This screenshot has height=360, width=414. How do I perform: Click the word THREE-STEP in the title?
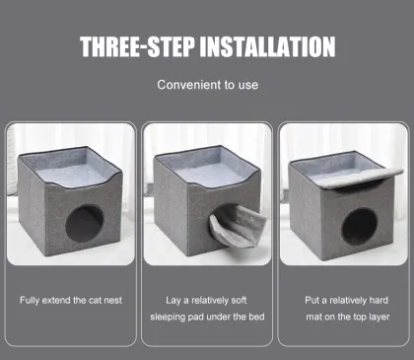[x=135, y=46]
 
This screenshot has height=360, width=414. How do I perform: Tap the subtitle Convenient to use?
[x=207, y=85]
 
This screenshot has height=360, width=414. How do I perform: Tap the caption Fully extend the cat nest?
[x=71, y=299]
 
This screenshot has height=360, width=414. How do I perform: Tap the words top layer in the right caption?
[x=367, y=317]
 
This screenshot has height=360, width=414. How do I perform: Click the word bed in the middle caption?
[x=253, y=317]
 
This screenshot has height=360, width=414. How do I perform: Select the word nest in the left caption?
[x=110, y=299]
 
